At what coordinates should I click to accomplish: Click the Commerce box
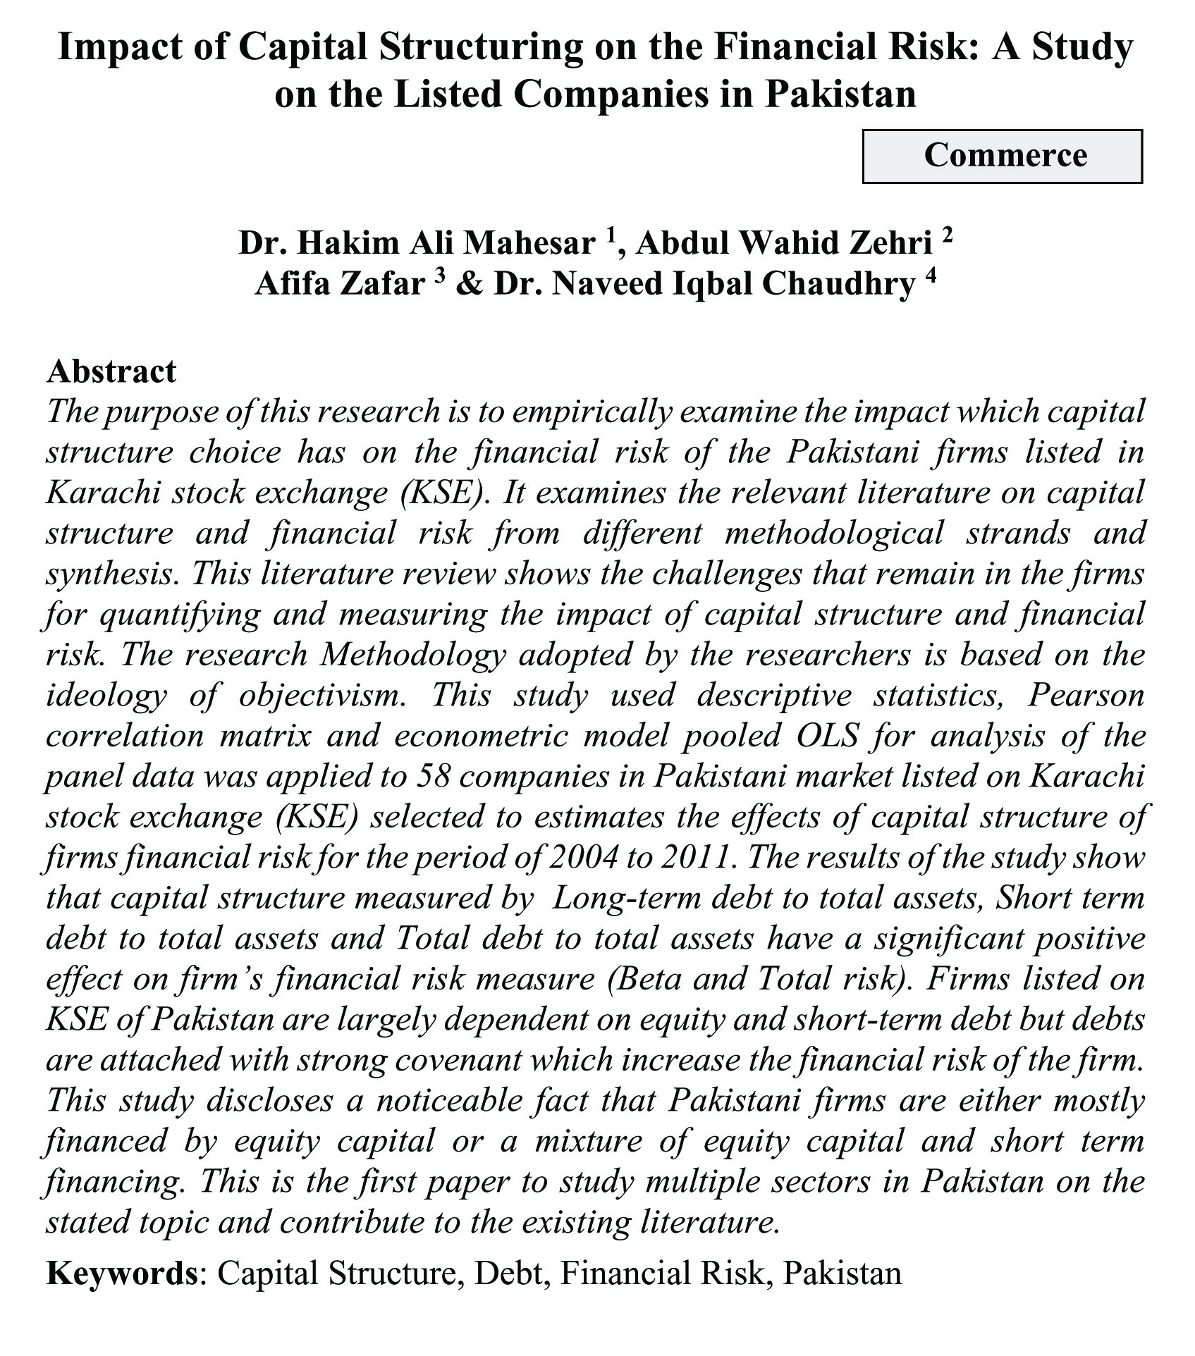(1002, 156)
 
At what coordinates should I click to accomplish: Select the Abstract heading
(111, 372)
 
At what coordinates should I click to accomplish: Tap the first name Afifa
(297, 284)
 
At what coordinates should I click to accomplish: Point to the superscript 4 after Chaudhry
(930, 277)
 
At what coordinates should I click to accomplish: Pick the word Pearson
(1086, 696)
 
